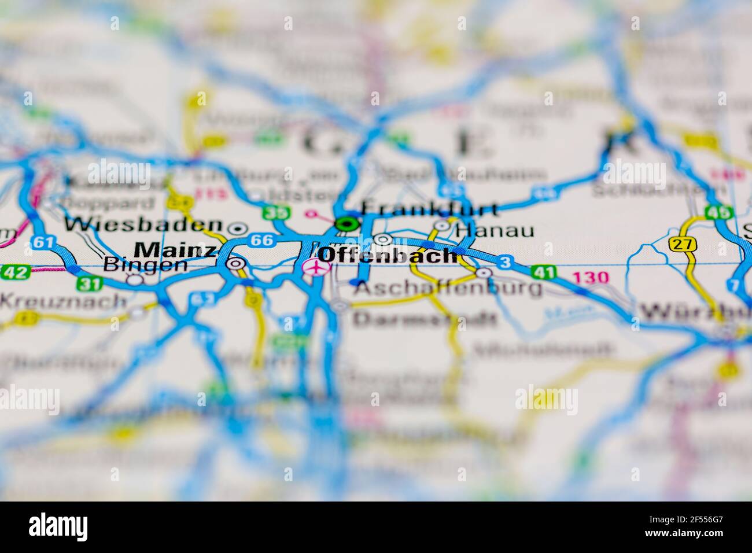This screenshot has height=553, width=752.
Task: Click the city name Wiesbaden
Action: [x=143, y=224]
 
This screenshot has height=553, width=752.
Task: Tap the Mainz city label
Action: [x=174, y=249]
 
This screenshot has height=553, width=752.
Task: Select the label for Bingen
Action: [x=145, y=265]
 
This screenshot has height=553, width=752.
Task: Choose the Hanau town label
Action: [x=495, y=231]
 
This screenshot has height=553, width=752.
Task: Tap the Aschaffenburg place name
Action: [x=448, y=287]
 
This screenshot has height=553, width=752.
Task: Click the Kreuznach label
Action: [x=63, y=300]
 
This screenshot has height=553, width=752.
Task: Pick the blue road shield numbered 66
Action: [x=262, y=239]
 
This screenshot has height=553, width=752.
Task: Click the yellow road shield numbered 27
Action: [x=683, y=244]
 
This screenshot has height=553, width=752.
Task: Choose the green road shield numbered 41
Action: [x=544, y=272]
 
